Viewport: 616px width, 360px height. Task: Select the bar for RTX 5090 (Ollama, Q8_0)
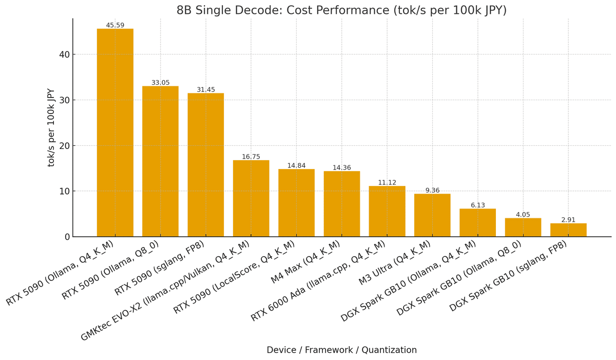(x=160, y=161)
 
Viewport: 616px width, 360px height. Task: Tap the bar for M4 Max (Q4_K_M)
(x=341, y=204)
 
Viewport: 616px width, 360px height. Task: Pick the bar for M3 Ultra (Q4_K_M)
(x=432, y=215)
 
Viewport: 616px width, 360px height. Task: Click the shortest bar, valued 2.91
(x=568, y=230)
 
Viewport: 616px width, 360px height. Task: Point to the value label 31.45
(x=206, y=90)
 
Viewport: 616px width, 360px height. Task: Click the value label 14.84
(x=296, y=166)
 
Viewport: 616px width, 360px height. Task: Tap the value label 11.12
(x=387, y=183)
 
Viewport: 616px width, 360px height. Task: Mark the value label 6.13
(x=478, y=205)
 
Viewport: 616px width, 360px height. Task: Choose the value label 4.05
(x=523, y=215)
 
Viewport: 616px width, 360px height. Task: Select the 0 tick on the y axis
(x=67, y=237)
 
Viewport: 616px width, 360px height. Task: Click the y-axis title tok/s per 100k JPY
(x=51, y=127)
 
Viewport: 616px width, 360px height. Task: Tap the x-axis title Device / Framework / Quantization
(x=341, y=350)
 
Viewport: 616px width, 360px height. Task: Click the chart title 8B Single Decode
(x=341, y=10)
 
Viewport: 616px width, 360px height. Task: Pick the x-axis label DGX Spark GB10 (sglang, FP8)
(x=508, y=276)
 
